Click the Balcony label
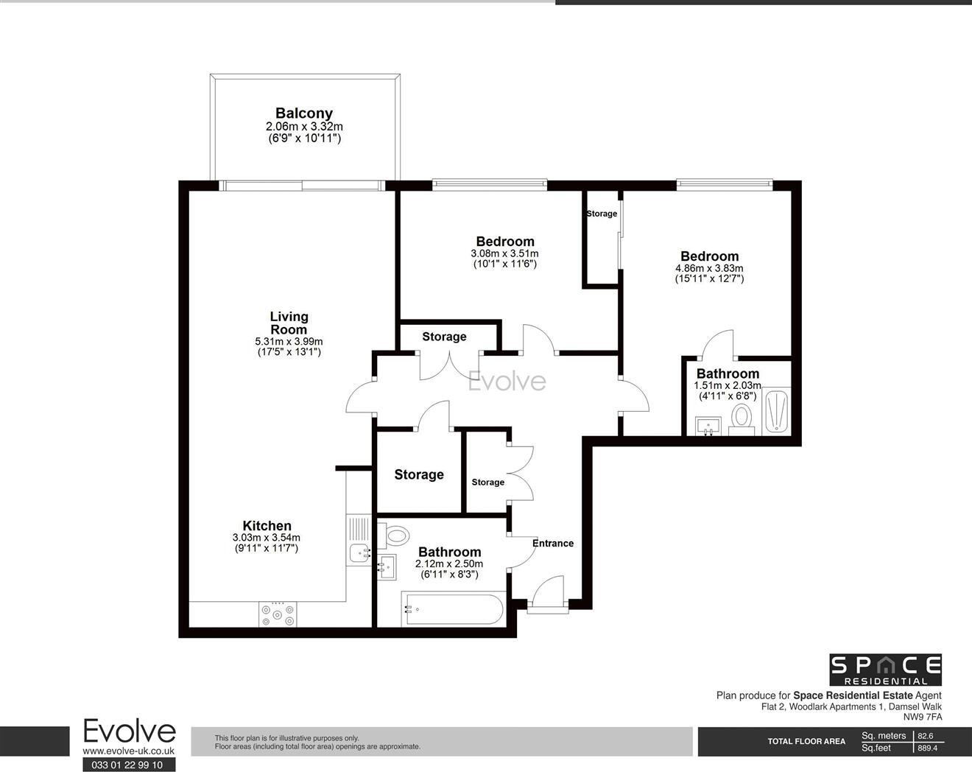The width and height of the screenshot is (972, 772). point(303,113)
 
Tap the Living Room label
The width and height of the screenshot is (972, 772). point(289,323)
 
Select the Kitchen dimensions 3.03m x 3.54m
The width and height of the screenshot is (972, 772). point(267,538)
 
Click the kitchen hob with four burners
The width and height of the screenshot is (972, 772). point(278,614)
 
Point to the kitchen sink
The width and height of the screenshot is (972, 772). point(360,551)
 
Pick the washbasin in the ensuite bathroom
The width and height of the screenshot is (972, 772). point(710,425)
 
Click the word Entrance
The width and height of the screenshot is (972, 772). point(552,544)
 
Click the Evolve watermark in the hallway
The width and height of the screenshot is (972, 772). point(508,382)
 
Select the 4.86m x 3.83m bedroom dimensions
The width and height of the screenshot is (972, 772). point(709,268)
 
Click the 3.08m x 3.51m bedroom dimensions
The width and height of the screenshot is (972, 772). point(504,253)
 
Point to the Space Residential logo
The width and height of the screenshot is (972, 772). point(886,669)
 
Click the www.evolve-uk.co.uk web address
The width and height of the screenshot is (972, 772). point(128,751)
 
